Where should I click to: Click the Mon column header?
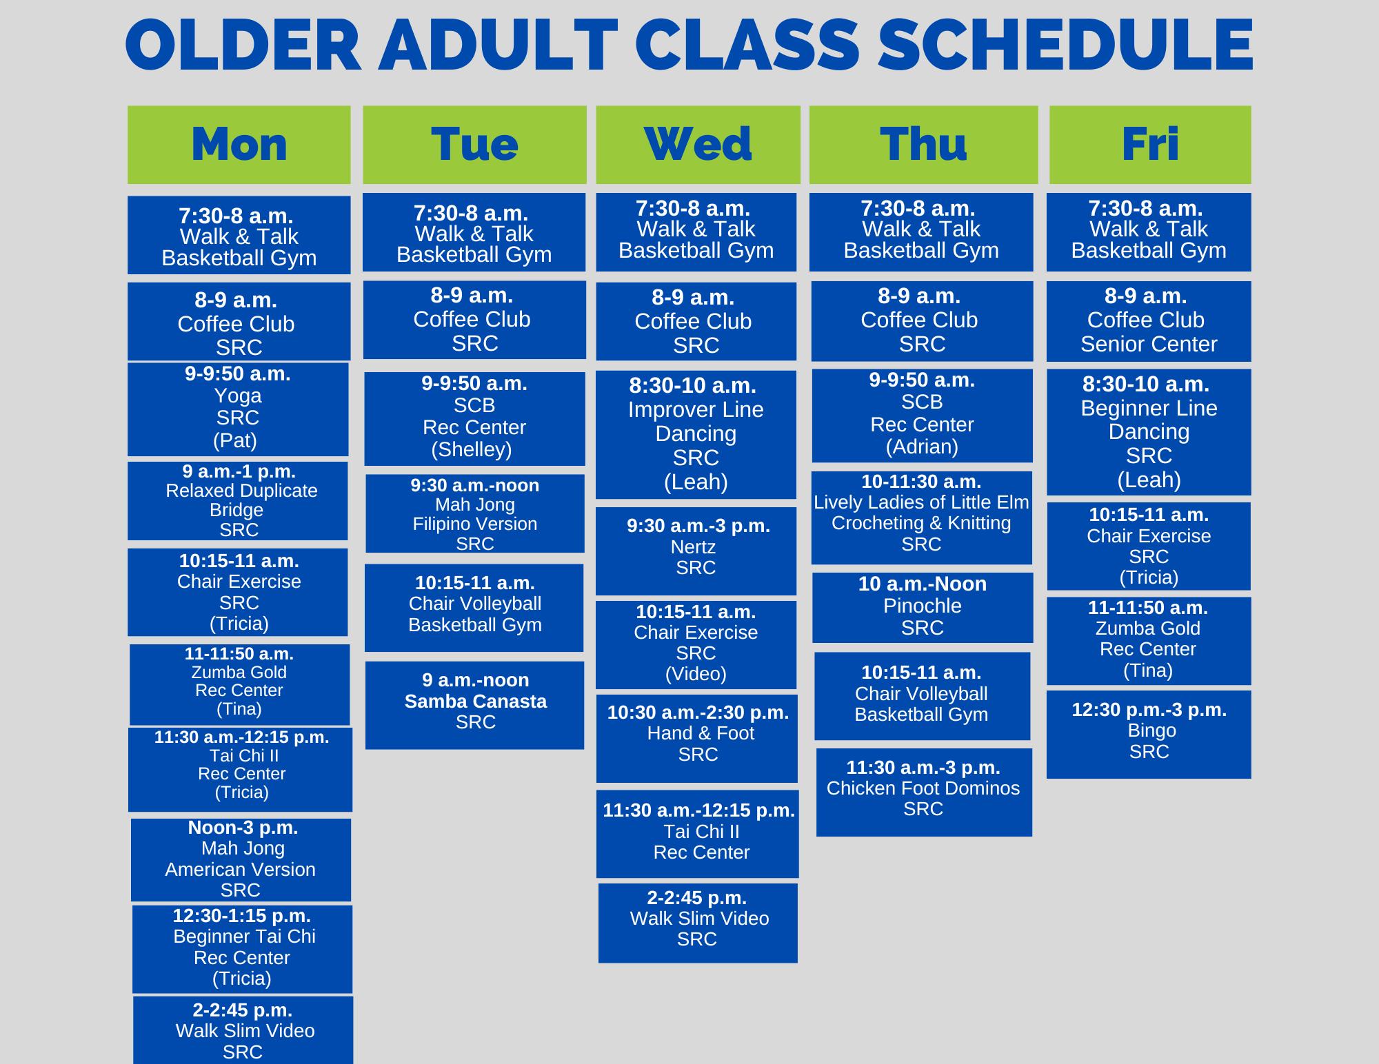[x=239, y=145]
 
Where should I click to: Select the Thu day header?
[x=923, y=145]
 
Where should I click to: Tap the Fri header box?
[x=1150, y=145]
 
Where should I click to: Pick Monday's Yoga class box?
[x=238, y=409]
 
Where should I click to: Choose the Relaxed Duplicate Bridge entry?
[x=238, y=501]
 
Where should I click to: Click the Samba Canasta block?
[x=474, y=705]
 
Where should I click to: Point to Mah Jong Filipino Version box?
[x=475, y=513]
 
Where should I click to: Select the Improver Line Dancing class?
[x=696, y=435]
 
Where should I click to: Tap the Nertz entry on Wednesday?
[x=696, y=551]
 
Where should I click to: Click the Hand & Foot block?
[x=697, y=738]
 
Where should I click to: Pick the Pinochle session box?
[x=923, y=608]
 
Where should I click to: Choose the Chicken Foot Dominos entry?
[x=924, y=792]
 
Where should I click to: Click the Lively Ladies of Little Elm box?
[x=922, y=518]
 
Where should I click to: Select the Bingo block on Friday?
[x=1149, y=735]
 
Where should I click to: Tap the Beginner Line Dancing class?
[x=1149, y=432]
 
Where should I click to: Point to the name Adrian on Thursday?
[x=922, y=447]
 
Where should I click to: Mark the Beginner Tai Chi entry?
[x=242, y=949]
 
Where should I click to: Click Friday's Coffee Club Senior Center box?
[x=1149, y=321]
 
